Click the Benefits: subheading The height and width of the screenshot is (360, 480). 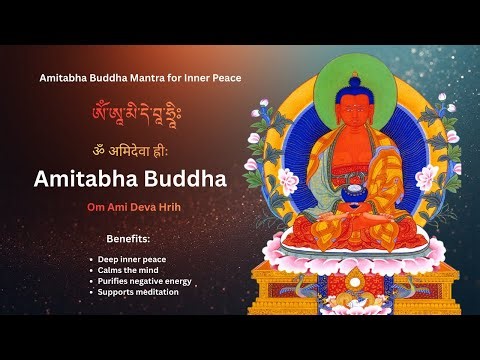128,241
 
